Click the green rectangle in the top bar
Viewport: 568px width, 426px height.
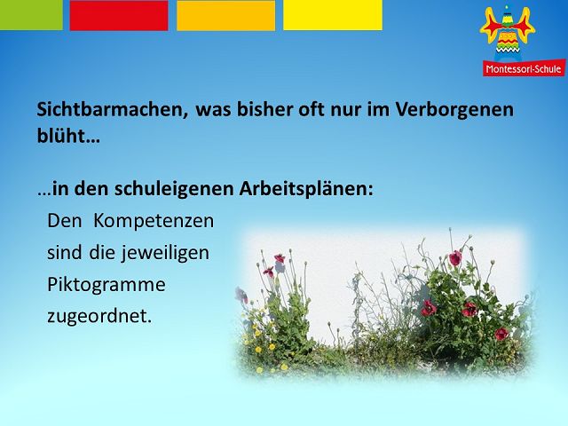click(31, 15)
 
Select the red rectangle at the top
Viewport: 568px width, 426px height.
click(119, 15)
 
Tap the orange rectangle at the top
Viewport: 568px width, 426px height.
click(226, 15)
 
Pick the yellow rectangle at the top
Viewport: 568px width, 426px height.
click(333, 15)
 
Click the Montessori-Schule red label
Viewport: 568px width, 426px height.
click(524, 68)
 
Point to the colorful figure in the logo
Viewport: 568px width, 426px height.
click(508, 34)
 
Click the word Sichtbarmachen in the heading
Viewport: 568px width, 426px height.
click(113, 110)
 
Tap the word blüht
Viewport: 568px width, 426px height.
click(68, 136)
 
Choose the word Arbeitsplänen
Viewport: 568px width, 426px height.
click(306, 189)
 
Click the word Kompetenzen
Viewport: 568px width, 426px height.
click(154, 221)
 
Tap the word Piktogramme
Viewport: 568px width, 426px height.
click(106, 285)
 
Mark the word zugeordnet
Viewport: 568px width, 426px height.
click(99, 316)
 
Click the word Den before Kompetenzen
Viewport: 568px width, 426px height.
click(65, 221)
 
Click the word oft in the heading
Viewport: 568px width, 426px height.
click(312, 109)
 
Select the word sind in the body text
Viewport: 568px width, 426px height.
click(65, 252)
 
